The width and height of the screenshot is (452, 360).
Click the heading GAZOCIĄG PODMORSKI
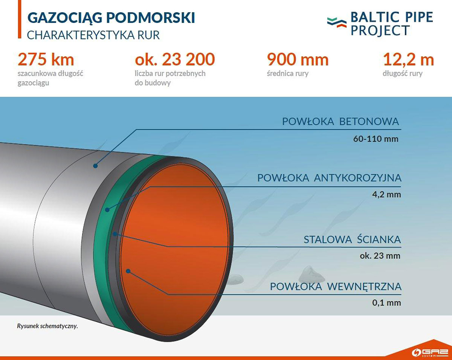point(111,18)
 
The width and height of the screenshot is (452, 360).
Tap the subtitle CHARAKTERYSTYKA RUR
point(93,35)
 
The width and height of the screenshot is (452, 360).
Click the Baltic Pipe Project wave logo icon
point(337,23)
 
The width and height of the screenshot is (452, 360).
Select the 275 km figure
point(46,59)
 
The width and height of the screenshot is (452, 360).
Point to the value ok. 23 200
point(175,59)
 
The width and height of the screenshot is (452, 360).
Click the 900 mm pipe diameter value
point(298,59)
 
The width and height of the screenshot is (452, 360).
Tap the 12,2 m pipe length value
point(408,59)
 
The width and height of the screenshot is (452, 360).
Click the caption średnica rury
point(287,73)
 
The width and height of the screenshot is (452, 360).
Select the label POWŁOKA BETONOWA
point(341,121)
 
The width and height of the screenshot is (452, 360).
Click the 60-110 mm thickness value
point(376,139)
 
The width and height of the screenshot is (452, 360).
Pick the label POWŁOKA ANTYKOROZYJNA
point(329,178)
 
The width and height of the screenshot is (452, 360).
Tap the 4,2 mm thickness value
point(386,194)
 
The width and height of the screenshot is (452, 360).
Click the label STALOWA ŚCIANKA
point(352,239)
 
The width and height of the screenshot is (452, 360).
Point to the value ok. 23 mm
point(380,256)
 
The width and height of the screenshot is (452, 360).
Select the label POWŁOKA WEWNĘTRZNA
point(336,287)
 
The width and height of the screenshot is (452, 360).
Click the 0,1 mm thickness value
point(386,303)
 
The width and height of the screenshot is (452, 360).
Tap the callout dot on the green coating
point(107,210)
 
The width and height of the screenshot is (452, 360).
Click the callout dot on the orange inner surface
point(128,271)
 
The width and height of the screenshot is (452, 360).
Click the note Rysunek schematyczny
point(47,326)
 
